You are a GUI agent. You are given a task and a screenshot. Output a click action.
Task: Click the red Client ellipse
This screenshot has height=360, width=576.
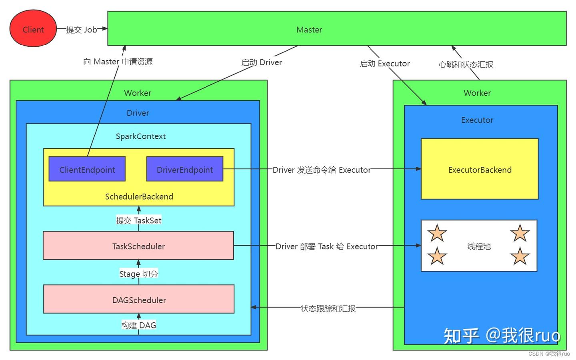pos(33,29)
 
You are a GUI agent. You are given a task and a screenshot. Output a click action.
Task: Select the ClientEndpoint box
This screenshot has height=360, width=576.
pos(87,169)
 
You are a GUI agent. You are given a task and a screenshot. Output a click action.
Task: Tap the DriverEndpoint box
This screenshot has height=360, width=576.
pos(184,169)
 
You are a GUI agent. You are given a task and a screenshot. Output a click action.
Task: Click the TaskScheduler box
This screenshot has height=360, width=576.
pos(138,246)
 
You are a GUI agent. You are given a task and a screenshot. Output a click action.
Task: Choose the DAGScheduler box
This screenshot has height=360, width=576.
pos(138,299)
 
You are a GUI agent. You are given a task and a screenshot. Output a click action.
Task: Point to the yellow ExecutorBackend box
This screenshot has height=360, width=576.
pos(479,169)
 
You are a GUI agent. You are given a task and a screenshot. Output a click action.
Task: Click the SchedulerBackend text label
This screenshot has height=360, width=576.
pos(139,196)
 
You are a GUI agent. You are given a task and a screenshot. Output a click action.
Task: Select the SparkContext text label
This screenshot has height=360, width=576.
pos(140,136)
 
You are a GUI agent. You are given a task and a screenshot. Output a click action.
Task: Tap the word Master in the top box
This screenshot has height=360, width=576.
pos(309,30)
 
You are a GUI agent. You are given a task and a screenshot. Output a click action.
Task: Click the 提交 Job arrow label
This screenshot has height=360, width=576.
pos(81,30)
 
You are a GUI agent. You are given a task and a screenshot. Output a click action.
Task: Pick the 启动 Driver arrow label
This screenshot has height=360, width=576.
pos(261,62)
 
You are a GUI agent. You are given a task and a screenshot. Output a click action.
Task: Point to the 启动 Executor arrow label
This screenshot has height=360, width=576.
pos(384,64)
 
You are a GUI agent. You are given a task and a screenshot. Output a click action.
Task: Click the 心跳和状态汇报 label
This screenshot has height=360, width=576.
pos(466,64)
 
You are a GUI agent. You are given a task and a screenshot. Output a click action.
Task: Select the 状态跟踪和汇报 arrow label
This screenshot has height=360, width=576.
pos(328,308)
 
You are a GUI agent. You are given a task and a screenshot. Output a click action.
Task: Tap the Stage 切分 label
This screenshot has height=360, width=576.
pos(138,274)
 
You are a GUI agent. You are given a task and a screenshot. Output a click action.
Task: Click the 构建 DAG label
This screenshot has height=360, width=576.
pos(138,325)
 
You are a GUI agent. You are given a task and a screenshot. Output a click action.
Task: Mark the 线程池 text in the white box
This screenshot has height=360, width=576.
pos(479,246)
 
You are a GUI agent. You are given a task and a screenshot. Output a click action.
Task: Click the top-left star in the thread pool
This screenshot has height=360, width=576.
pos(437,233)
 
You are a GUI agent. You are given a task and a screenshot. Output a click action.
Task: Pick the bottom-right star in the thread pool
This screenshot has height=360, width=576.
pos(520,256)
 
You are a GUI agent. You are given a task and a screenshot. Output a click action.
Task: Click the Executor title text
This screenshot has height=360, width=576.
pos(477,120)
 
